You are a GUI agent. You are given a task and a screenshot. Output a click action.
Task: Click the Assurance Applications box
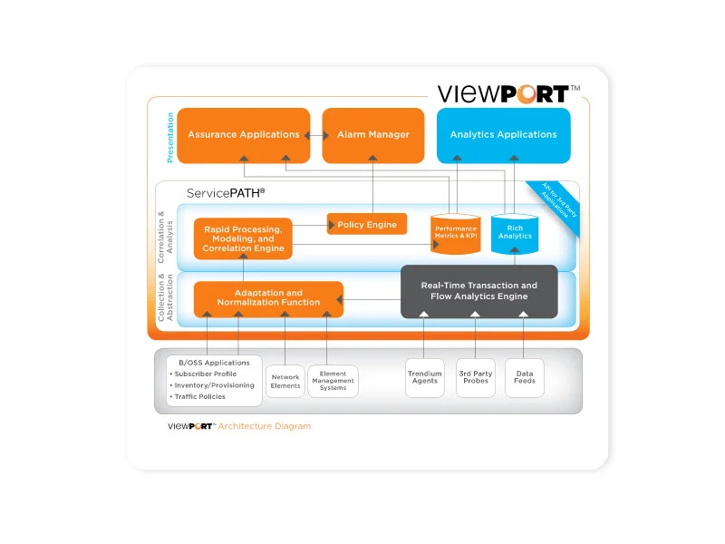point(243,135)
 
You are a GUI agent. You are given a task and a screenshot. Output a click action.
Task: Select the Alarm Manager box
point(373,135)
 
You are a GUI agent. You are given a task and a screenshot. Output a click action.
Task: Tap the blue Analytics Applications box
point(504,135)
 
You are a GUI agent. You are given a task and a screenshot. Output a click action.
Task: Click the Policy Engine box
point(367,224)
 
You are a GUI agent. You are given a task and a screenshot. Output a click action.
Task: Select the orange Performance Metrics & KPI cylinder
point(455,233)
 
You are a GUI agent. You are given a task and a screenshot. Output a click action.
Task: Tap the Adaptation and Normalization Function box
point(268,298)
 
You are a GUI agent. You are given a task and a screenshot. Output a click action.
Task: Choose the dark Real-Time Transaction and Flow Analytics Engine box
point(478,291)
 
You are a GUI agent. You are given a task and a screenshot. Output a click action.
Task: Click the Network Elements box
point(285,381)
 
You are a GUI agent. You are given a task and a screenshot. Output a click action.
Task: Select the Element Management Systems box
point(333,381)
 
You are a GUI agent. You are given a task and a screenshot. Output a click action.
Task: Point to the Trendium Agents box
point(424,377)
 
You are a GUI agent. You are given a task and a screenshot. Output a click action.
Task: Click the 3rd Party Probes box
point(476,377)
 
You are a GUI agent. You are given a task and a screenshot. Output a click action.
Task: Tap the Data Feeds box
point(525,377)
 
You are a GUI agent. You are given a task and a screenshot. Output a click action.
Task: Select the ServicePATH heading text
point(226,193)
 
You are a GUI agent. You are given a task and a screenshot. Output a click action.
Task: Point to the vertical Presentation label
point(169,137)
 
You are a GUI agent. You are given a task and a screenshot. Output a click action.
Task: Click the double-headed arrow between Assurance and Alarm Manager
point(316,135)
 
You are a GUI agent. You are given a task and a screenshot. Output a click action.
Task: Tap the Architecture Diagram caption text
point(264,426)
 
